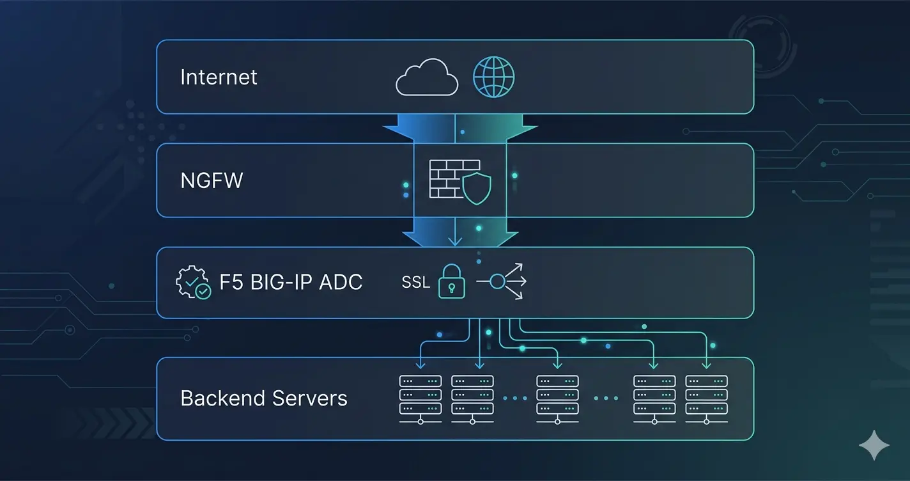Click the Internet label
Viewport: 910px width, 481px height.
click(x=219, y=77)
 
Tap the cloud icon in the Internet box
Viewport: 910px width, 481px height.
click(x=427, y=77)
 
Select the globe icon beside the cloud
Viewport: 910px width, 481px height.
click(x=493, y=77)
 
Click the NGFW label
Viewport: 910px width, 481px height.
click(x=212, y=180)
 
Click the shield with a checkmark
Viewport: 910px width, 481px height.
click(x=477, y=188)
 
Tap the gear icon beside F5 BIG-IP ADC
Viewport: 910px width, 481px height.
click(x=192, y=283)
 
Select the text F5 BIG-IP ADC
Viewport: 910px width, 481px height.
click(x=291, y=282)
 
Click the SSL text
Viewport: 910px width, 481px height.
click(x=415, y=282)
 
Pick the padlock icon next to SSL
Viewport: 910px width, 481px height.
click(x=452, y=282)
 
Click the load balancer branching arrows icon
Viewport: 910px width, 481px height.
click(x=502, y=281)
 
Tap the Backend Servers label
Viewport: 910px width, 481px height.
click(x=264, y=398)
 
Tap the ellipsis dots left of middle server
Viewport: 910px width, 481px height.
click(x=514, y=398)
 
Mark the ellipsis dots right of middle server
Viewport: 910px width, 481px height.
click(x=606, y=398)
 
